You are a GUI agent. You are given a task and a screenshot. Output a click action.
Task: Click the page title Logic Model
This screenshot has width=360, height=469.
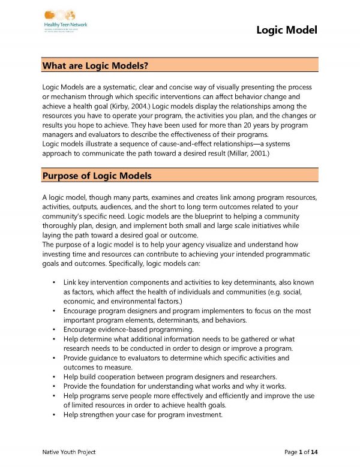(287, 30)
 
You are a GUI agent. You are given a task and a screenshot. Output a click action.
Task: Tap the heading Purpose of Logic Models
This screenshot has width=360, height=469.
(97, 176)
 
